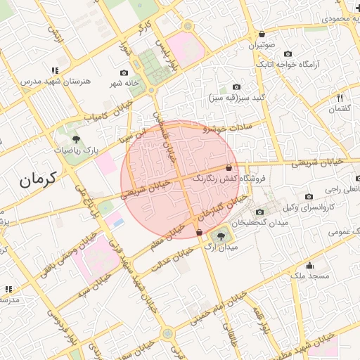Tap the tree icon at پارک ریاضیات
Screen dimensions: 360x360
click(76, 139)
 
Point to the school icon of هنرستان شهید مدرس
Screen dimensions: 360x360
click(55, 70)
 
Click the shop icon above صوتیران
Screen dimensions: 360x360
click(262, 34)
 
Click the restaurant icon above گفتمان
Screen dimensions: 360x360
click(340, 98)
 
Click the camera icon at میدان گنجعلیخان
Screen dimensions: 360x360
click(259, 212)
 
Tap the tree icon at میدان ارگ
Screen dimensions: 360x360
click(222, 236)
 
